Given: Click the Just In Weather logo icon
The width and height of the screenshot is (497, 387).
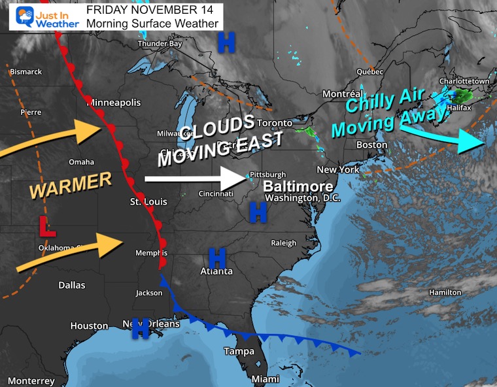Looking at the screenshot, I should point(21,16).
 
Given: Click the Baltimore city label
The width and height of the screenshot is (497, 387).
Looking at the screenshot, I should point(298,186).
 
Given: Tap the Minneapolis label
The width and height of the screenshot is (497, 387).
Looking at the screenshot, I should point(113,103).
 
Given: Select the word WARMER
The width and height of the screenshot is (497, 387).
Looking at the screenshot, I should point(71,186).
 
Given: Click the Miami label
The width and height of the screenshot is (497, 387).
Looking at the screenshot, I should point(266,379).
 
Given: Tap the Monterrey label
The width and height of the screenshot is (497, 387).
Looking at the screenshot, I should point(31,381).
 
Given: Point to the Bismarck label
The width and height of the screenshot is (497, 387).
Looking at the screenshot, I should point(26,72).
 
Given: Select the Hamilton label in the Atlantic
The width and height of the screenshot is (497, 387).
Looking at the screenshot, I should point(445,292).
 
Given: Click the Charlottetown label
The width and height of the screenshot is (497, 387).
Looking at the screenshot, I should point(465,81).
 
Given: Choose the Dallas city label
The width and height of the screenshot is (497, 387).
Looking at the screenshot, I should point(71,285).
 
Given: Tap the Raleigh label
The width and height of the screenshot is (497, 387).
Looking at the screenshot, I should point(284,243).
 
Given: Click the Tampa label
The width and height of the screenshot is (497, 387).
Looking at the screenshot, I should point(239,351).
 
